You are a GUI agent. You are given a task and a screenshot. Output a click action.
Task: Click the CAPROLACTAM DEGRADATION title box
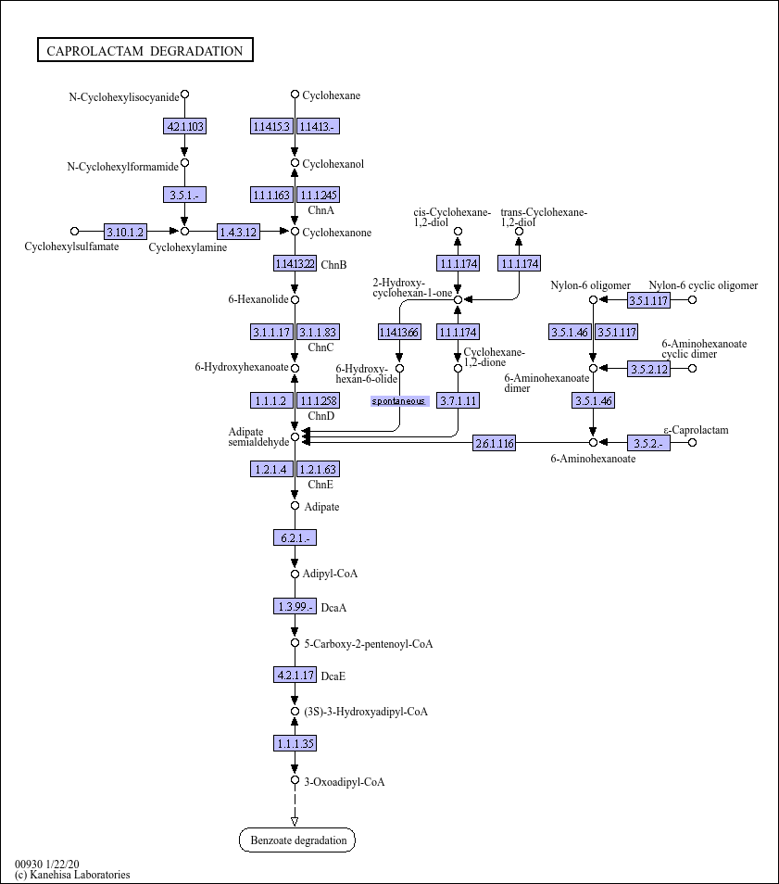145,50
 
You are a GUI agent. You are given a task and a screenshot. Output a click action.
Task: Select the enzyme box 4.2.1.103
184,126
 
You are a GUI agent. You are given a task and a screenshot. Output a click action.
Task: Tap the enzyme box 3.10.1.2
125,231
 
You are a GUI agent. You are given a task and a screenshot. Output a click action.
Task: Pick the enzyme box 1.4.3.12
238,231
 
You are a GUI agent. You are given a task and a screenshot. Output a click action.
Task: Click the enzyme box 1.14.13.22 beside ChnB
295,263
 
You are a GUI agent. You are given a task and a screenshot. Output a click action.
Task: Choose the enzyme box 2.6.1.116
495,443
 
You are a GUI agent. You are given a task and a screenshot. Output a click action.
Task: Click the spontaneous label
399,401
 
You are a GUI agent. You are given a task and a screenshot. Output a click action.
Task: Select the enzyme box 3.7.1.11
458,400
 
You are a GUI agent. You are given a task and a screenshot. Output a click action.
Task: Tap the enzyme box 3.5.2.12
648,369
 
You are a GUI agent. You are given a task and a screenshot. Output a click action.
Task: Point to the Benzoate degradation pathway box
297,840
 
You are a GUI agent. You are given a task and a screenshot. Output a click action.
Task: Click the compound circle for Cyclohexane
295,95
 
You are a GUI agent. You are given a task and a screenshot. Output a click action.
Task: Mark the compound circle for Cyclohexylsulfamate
74,231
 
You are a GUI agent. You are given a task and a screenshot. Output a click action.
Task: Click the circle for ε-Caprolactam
692,443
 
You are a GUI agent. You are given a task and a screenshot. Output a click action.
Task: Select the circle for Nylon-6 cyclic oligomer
692,300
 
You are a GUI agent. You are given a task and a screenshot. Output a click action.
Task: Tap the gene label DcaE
333,676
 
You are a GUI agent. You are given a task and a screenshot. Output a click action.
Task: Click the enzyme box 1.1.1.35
295,743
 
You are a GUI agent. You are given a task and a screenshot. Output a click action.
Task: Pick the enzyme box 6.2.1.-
295,537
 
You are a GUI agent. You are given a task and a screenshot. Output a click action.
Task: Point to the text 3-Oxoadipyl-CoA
345,782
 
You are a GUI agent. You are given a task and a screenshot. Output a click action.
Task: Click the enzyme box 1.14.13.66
399,332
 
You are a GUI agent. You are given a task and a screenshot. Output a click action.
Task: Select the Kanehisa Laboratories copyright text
72,875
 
